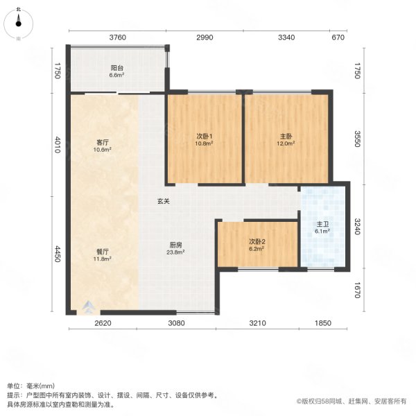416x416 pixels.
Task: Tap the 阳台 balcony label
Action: click(x=116, y=68)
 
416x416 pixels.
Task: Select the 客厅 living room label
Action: click(x=103, y=142)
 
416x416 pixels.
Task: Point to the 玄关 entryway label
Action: click(x=164, y=201)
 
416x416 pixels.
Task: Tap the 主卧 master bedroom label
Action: click(x=286, y=136)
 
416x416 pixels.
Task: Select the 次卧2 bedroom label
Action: click(x=258, y=241)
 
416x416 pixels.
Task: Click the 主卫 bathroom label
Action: click(x=323, y=225)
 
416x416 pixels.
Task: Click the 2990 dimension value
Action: click(x=204, y=37)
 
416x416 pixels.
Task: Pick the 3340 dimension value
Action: click(x=286, y=37)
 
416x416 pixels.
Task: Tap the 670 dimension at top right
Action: click(x=338, y=37)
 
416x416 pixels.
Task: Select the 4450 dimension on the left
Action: click(x=59, y=254)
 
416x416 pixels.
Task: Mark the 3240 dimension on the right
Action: click(x=358, y=227)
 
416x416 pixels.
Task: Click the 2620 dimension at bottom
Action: click(x=103, y=323)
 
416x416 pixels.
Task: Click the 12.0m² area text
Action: click(x=286, y=144)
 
